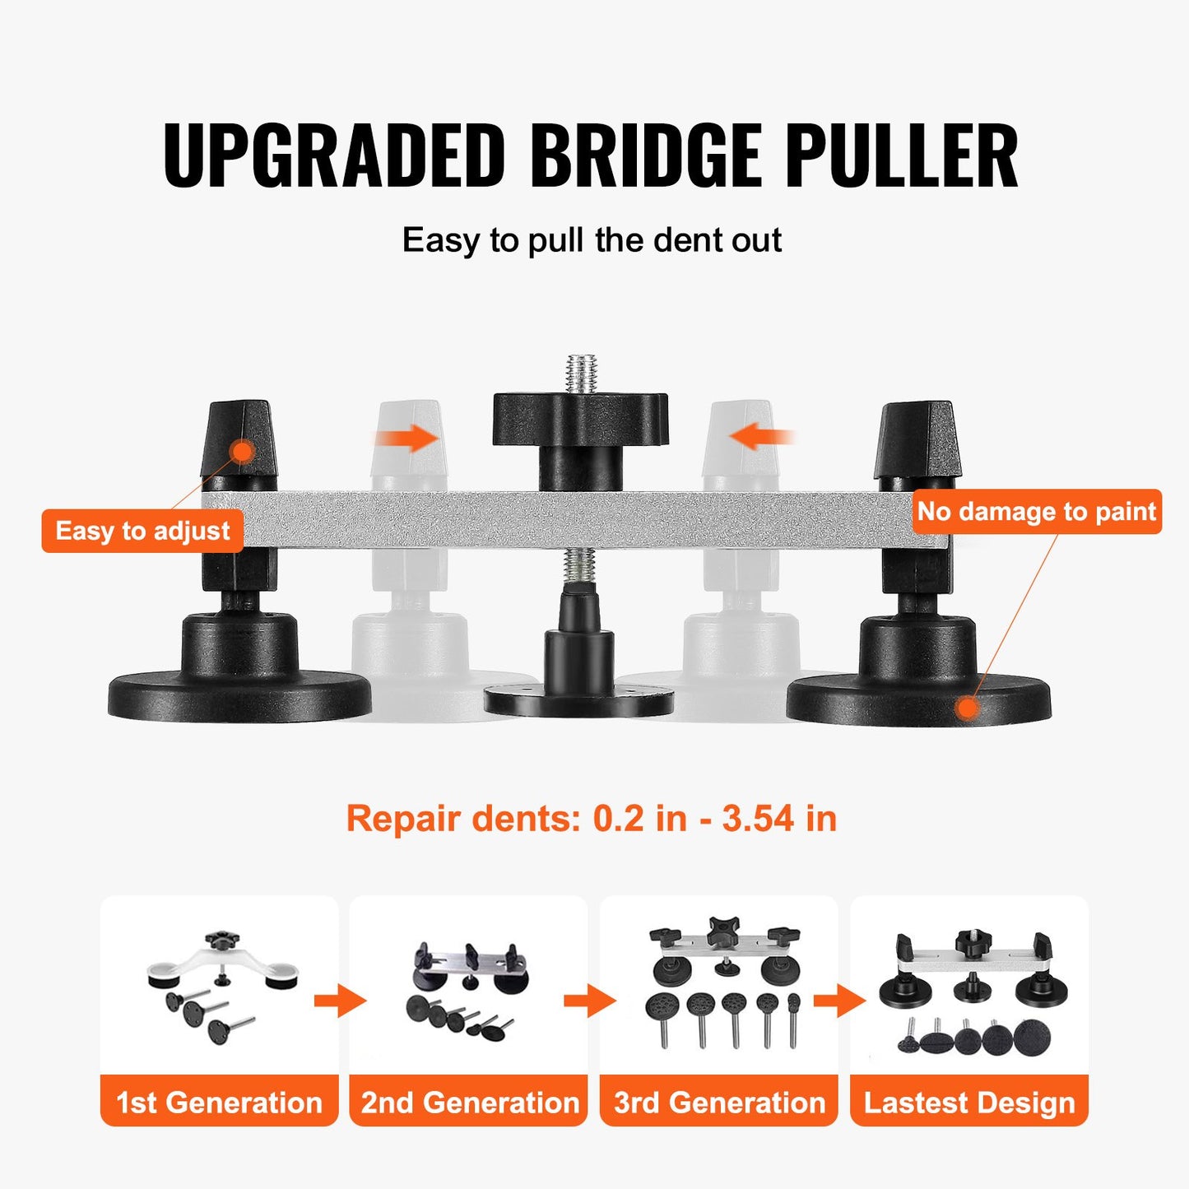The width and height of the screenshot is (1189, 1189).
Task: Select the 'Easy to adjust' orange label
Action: tap(142, 531)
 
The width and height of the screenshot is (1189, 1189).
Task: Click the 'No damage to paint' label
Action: tap(1037, 512)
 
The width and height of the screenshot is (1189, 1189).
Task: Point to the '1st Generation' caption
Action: tap(219, 1102)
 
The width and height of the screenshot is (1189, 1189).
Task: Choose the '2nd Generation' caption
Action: tap(469, 1102)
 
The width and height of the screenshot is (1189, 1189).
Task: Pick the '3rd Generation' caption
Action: tap(719, 1102)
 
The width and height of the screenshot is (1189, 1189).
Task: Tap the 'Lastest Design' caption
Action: tap(969, 1102)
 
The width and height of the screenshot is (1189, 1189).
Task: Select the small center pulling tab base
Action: tap(579, 700)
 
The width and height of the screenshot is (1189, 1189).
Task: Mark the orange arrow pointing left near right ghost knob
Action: tap(762, 436)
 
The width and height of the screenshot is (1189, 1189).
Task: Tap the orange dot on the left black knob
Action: tap(242, 450)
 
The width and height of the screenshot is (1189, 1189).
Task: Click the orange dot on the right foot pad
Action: tap(968, 707)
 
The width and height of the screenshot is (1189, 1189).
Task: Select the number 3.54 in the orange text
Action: tap(758, 819)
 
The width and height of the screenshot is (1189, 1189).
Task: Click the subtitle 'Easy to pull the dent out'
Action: tap(592, 240)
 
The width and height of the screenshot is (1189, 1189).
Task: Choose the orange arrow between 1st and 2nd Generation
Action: tap(338, 1001)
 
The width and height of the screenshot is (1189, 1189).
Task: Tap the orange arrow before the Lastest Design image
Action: tap(838, 1001)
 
